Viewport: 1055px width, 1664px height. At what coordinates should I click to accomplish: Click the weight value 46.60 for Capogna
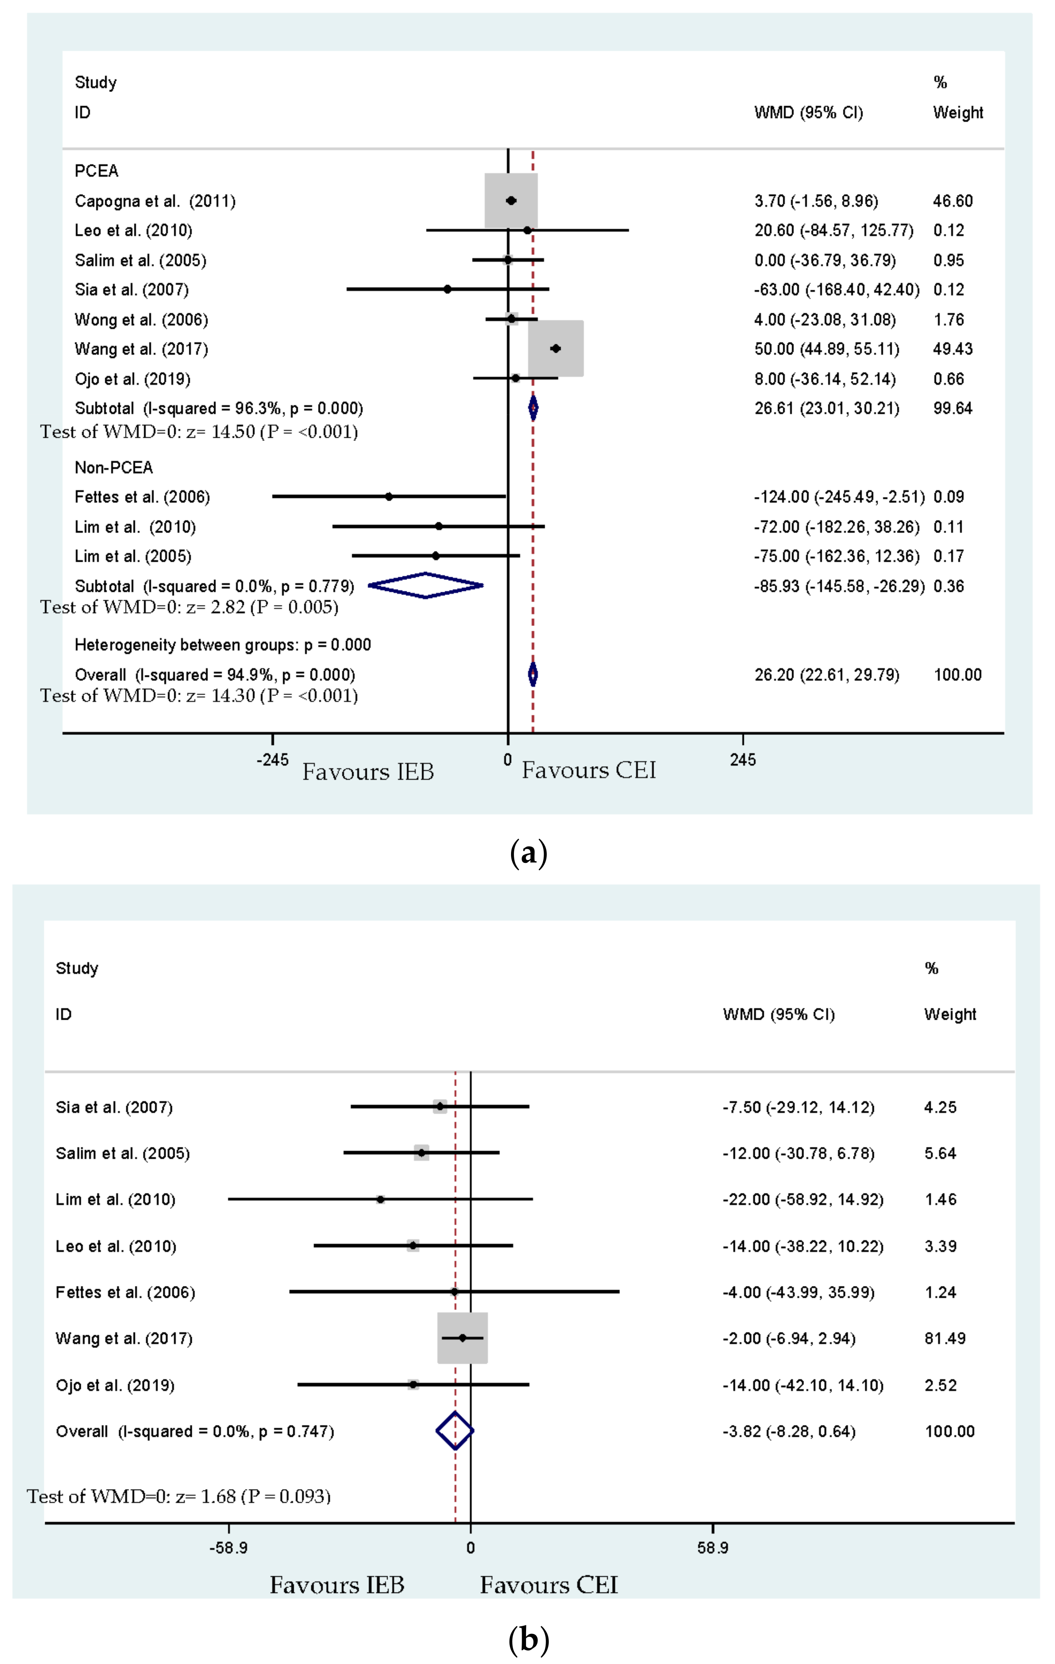[x=953, y=201]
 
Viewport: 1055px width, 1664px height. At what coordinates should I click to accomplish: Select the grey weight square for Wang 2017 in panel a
[x=555, y=348]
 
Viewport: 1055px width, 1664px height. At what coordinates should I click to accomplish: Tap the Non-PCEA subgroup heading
[x=113, y=468]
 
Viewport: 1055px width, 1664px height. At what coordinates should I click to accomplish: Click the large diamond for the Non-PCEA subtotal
[x=426, y=585]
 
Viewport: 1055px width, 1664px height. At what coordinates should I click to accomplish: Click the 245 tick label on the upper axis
[x=743, y=760]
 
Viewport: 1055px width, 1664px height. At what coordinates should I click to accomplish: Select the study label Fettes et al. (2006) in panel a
[x=142, y=497]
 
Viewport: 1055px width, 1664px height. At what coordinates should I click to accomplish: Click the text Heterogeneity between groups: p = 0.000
[x=223, y=645]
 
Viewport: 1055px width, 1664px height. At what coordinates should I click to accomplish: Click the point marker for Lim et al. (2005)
[x=435, y=556]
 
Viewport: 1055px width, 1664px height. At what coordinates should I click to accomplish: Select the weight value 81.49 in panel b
[x=945, y=1338]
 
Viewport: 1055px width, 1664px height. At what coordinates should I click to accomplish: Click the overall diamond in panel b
[x=455, y=1431]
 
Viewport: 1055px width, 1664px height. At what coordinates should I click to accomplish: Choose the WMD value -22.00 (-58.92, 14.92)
[x=803, y=1199]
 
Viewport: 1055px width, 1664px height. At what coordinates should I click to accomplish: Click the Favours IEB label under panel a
[x=368, y=771]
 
